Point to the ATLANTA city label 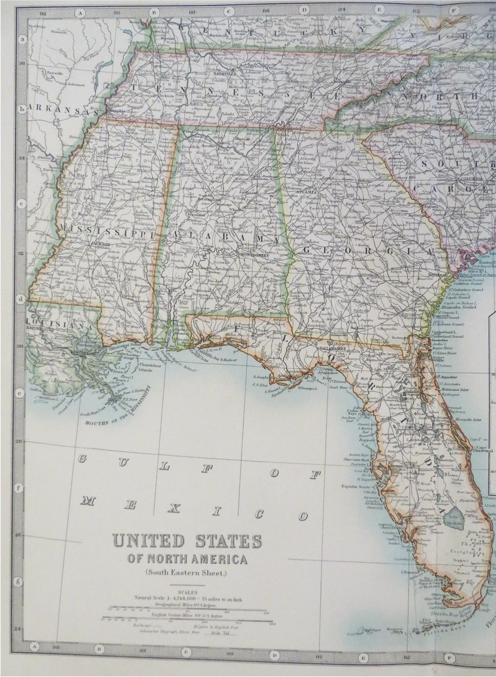coord(308,192)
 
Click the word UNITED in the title coord(148,540)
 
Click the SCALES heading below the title coord(186,592)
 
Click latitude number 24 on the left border coord(18,628)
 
